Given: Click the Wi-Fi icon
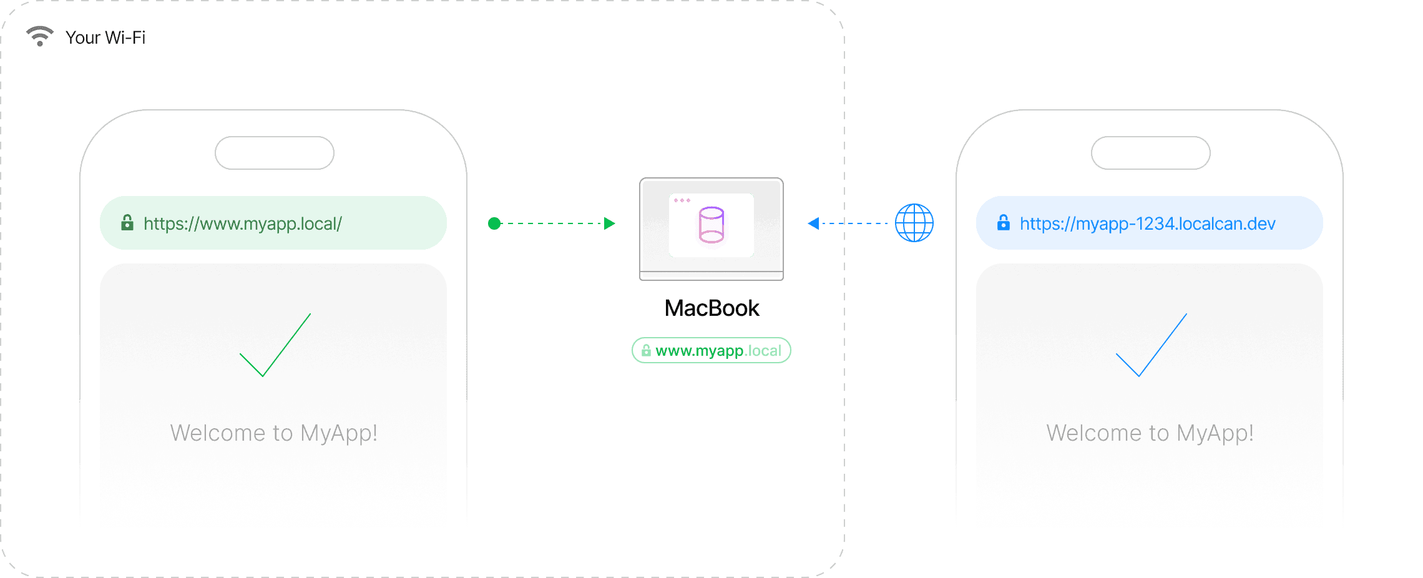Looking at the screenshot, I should tap(39, 36).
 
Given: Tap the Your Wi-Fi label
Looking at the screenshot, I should tap(105, 37).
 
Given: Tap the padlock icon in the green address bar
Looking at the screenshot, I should tap(127, 222).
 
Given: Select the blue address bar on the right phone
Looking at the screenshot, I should tap(1149, 223).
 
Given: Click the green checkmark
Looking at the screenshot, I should tap(275, 346).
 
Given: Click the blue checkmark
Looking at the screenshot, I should tap(1151, 346).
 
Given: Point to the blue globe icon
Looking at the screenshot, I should tap(914, 223).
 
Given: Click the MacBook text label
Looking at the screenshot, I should tap(711, 308).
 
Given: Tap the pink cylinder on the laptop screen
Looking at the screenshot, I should tap(711, 225).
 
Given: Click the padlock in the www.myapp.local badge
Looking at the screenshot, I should tap(646, 350).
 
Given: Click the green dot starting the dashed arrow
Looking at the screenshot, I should tap(494, 223).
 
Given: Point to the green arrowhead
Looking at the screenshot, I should tap(610, 223).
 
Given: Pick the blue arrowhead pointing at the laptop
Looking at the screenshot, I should tap(813, 223).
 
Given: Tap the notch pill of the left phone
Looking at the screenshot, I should tap(275, 153).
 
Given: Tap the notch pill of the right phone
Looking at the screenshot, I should tap(1151, 153).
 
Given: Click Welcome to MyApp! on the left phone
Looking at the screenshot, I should tap(273, 433).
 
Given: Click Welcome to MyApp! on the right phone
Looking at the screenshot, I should tap(1150, 433).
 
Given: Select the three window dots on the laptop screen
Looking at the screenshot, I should tap(682, 200).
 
